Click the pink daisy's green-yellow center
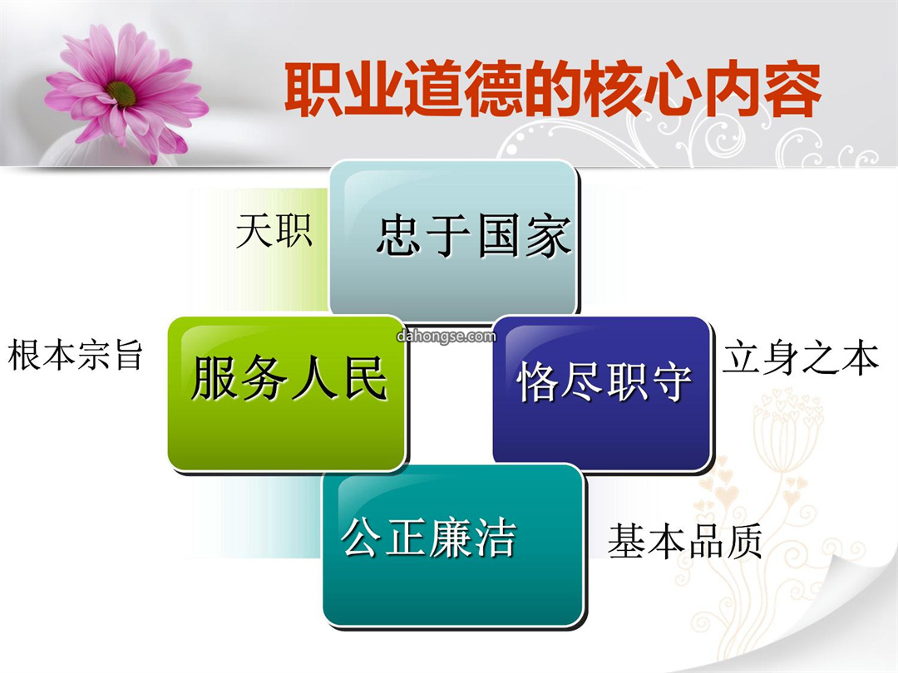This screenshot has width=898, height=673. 121,93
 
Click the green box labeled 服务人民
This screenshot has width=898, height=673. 286,394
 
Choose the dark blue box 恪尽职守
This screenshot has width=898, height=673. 602,394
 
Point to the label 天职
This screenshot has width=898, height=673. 274,231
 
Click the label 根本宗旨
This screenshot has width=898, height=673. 75,355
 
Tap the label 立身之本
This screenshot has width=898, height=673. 800,359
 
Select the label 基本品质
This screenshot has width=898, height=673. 685,541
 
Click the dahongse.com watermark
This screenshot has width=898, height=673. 447,336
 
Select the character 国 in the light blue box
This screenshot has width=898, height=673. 499,236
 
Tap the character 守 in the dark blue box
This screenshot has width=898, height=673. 672,381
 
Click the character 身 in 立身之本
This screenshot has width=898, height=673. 781,359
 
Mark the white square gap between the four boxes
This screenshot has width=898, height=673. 450,392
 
